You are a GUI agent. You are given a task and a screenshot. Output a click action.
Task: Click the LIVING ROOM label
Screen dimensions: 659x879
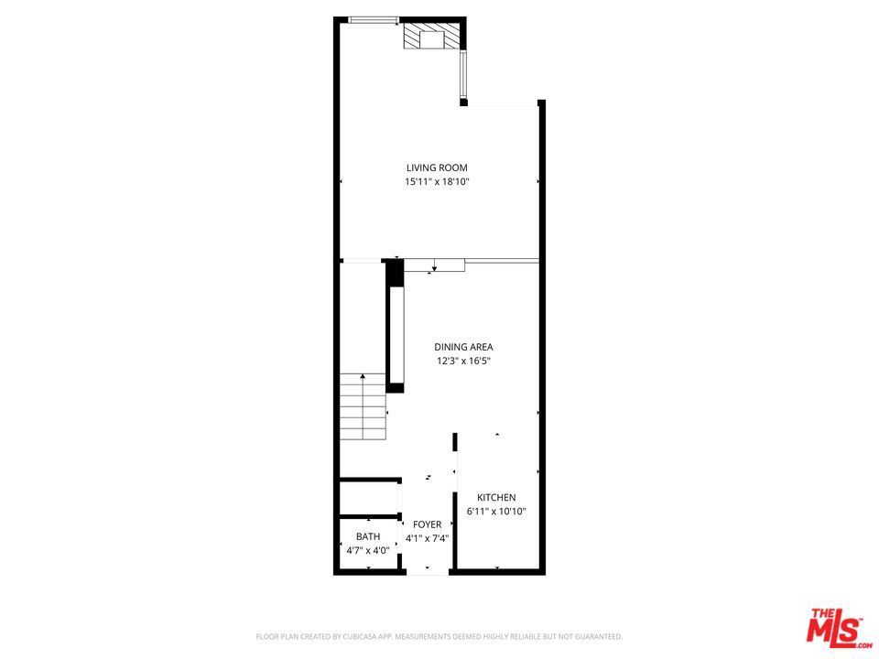tap(437, 167)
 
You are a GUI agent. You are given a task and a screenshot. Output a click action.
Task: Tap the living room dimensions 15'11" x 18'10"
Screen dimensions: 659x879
tap(437, 181)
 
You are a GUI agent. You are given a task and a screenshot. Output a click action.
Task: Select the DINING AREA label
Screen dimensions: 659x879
tap(463, 347)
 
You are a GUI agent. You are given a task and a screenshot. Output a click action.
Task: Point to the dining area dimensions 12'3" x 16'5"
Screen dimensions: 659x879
tap(463, 361)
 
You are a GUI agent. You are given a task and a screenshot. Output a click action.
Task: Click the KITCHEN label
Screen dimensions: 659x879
tap(496, 498)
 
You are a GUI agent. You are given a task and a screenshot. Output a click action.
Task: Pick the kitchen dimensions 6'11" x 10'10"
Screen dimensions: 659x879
tap(496, 512)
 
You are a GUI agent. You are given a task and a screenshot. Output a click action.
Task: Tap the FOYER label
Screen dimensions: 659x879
tap(427, 524)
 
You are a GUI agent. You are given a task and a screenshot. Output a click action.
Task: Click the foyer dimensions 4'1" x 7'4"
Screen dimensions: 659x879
tap(427, 538)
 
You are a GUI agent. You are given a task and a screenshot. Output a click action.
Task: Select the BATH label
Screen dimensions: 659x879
tap(368, 536)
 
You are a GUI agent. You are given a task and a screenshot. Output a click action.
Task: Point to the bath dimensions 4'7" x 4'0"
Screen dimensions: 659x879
tap(368, 550)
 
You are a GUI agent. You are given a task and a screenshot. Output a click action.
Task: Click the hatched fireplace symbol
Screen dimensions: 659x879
tap(431, 38)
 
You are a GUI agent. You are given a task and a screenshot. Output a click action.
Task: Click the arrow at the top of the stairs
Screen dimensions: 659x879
tap(364, 376)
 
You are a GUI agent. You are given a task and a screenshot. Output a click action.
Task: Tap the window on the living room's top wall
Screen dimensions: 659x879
tap(374, 20)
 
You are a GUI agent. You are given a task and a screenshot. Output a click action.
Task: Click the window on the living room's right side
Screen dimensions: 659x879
tap(464, 75)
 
